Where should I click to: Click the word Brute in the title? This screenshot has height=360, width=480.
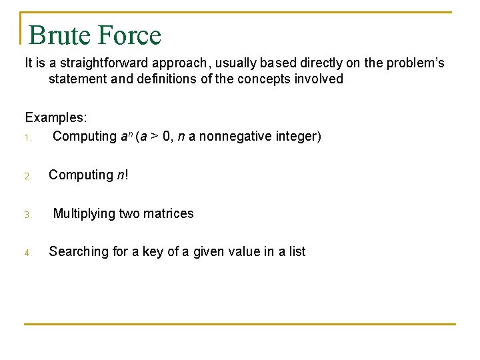coord(59,35)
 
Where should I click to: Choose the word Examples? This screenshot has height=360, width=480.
coord(56,118)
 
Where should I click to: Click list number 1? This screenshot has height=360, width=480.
coord(28,137)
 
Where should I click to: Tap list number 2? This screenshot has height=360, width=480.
coord(28,177)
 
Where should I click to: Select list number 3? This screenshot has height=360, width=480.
coord(28,215)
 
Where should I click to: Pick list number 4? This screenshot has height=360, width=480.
coord(28,253)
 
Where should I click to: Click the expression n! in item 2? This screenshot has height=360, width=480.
coord(122,175)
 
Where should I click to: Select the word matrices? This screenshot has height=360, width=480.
coord(169,214)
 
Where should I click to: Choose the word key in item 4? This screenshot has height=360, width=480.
coord(153,252)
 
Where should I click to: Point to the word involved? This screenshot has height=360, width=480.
coord(319,79)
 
